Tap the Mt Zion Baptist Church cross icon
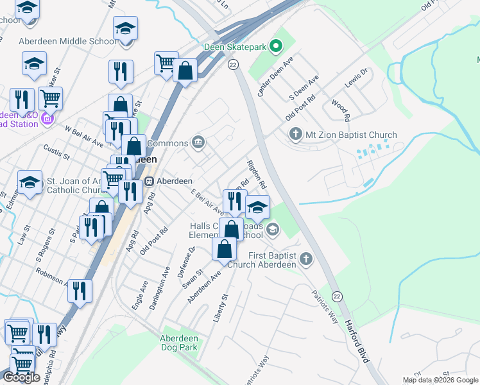tap(295, 135)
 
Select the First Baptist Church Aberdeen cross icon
tap(306, 259)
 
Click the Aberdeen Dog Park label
tap(178, 343)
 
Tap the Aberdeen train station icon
tap(150, 181)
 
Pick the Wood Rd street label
tap(340, 110)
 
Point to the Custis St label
tap(56, 152)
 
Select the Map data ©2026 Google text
tap(440, 380)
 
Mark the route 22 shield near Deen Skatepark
tap(232, 64)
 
